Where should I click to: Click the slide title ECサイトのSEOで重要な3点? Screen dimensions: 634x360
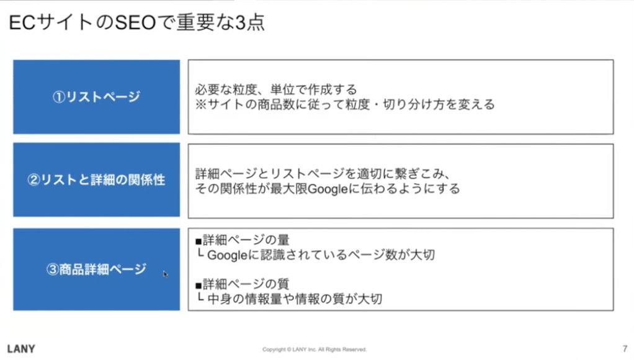(136, 22)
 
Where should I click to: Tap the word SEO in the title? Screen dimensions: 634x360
(135, 22)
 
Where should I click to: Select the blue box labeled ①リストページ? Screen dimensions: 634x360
(96, 97)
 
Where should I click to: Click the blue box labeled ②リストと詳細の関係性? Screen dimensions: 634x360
(96, 179)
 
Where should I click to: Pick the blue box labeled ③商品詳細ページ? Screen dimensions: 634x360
(96, 269)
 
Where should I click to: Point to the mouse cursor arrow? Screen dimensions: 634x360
(166, 274)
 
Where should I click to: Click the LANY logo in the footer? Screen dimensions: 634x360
(21, 349)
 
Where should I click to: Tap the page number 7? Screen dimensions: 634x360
(625, 349)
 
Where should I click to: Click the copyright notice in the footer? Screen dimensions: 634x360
(314, 349)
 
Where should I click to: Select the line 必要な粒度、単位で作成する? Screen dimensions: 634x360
(276, 89)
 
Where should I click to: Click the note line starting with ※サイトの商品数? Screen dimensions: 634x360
(345, 104)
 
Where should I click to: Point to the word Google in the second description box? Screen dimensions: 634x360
(328, 189)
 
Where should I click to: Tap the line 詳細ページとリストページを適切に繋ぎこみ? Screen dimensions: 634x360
(323, 174)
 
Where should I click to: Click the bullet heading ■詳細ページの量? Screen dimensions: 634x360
(242, 240)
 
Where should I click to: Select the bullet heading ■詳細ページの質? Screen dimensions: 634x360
(242, 284)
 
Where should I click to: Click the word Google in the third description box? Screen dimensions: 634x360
(227, 255)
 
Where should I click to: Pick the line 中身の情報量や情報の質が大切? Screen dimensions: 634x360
(294, 299)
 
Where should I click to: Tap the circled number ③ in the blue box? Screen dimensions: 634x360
(53, 269)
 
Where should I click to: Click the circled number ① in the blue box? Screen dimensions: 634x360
(59, 97)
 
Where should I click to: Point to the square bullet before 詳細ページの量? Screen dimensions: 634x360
(199, 241)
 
